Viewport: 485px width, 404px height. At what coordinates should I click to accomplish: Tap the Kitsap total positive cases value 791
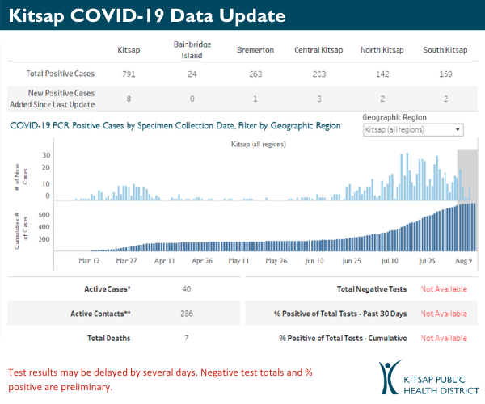(x=129, y=74)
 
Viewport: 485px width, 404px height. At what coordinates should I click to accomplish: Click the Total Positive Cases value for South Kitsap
(x=447, y=74)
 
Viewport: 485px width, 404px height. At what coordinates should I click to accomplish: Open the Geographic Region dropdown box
(x=413, y=129)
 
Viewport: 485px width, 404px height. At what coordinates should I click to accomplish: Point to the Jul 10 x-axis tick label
(x=390, y=262)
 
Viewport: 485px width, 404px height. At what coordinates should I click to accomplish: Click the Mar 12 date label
(x=90, y=262)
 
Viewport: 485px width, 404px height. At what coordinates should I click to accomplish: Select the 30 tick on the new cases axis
(x=47, y=155)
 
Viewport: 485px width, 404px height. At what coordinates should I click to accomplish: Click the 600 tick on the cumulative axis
(x=45, y=215)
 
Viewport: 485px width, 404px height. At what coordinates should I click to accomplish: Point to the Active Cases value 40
(x=188, y=289)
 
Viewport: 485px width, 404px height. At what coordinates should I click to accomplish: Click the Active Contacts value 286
(x=188, y=314)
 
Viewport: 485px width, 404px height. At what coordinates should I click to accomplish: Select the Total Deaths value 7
(x=188, y=338)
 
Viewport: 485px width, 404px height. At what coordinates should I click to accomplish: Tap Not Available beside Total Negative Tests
(x=444, y=289)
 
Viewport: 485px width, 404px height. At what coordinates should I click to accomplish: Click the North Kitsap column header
(x=382, y=50)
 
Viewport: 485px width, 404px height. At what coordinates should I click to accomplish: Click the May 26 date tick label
(x=276, y=262)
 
